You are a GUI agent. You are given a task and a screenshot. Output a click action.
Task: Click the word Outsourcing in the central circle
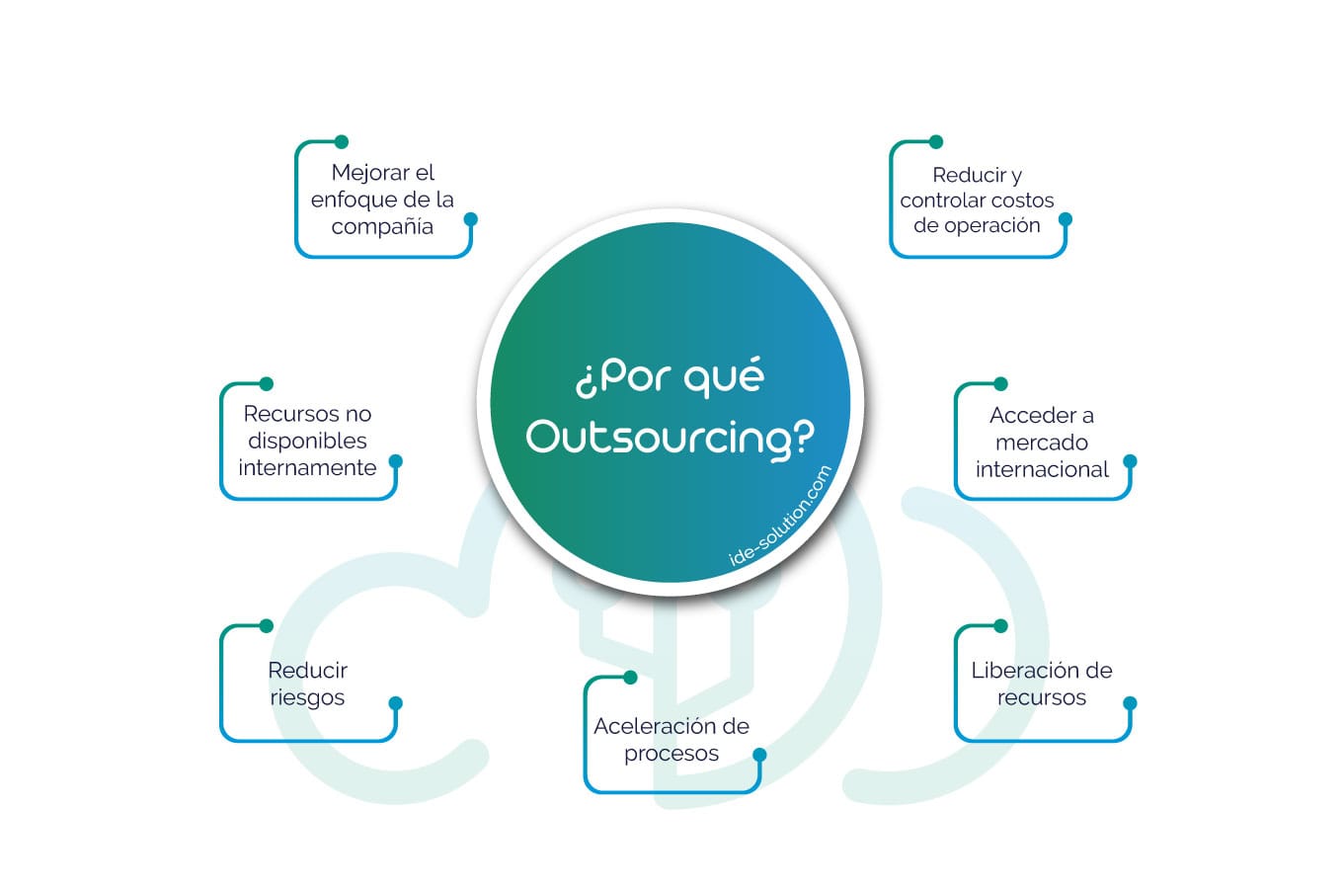pos(671,437)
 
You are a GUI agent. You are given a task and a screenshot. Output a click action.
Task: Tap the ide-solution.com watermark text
pos(780,516)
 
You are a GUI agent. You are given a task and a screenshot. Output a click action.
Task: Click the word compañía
pos(382,226)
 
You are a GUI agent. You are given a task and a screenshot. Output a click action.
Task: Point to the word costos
pos(1018,200)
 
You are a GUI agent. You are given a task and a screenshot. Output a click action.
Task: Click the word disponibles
pos(307,441)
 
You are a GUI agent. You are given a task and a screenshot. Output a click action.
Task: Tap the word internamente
pos(307,467)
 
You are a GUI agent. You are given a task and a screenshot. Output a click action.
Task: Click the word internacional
pos(1042,469)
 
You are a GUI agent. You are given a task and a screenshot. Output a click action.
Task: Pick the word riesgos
pos(307,697)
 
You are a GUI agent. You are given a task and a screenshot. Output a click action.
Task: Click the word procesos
pos(671,754)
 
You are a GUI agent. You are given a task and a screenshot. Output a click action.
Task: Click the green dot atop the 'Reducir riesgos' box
pos(266,625)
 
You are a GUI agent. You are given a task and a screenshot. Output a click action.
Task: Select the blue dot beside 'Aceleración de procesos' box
pos(759,755)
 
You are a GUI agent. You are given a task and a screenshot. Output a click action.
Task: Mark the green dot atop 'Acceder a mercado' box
pos(1000,383)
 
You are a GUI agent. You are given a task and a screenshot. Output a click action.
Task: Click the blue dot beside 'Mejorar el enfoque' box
pos(471,219)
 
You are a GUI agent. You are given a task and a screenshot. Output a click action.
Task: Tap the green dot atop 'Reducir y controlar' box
pos(936,142)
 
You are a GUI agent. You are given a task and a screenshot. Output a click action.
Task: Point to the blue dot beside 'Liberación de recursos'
pos(1131,703)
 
